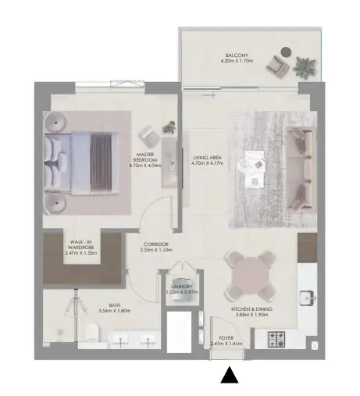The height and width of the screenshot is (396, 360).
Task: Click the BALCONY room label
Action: tap(237, 55)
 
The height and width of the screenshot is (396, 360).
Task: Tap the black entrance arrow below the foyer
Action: tap(229, 376)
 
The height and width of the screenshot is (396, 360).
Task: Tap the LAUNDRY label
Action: tap(181, 287)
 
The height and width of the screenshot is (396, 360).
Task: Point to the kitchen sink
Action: tap(306, 296)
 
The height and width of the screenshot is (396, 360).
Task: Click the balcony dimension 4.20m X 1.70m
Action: tap(237, 62)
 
